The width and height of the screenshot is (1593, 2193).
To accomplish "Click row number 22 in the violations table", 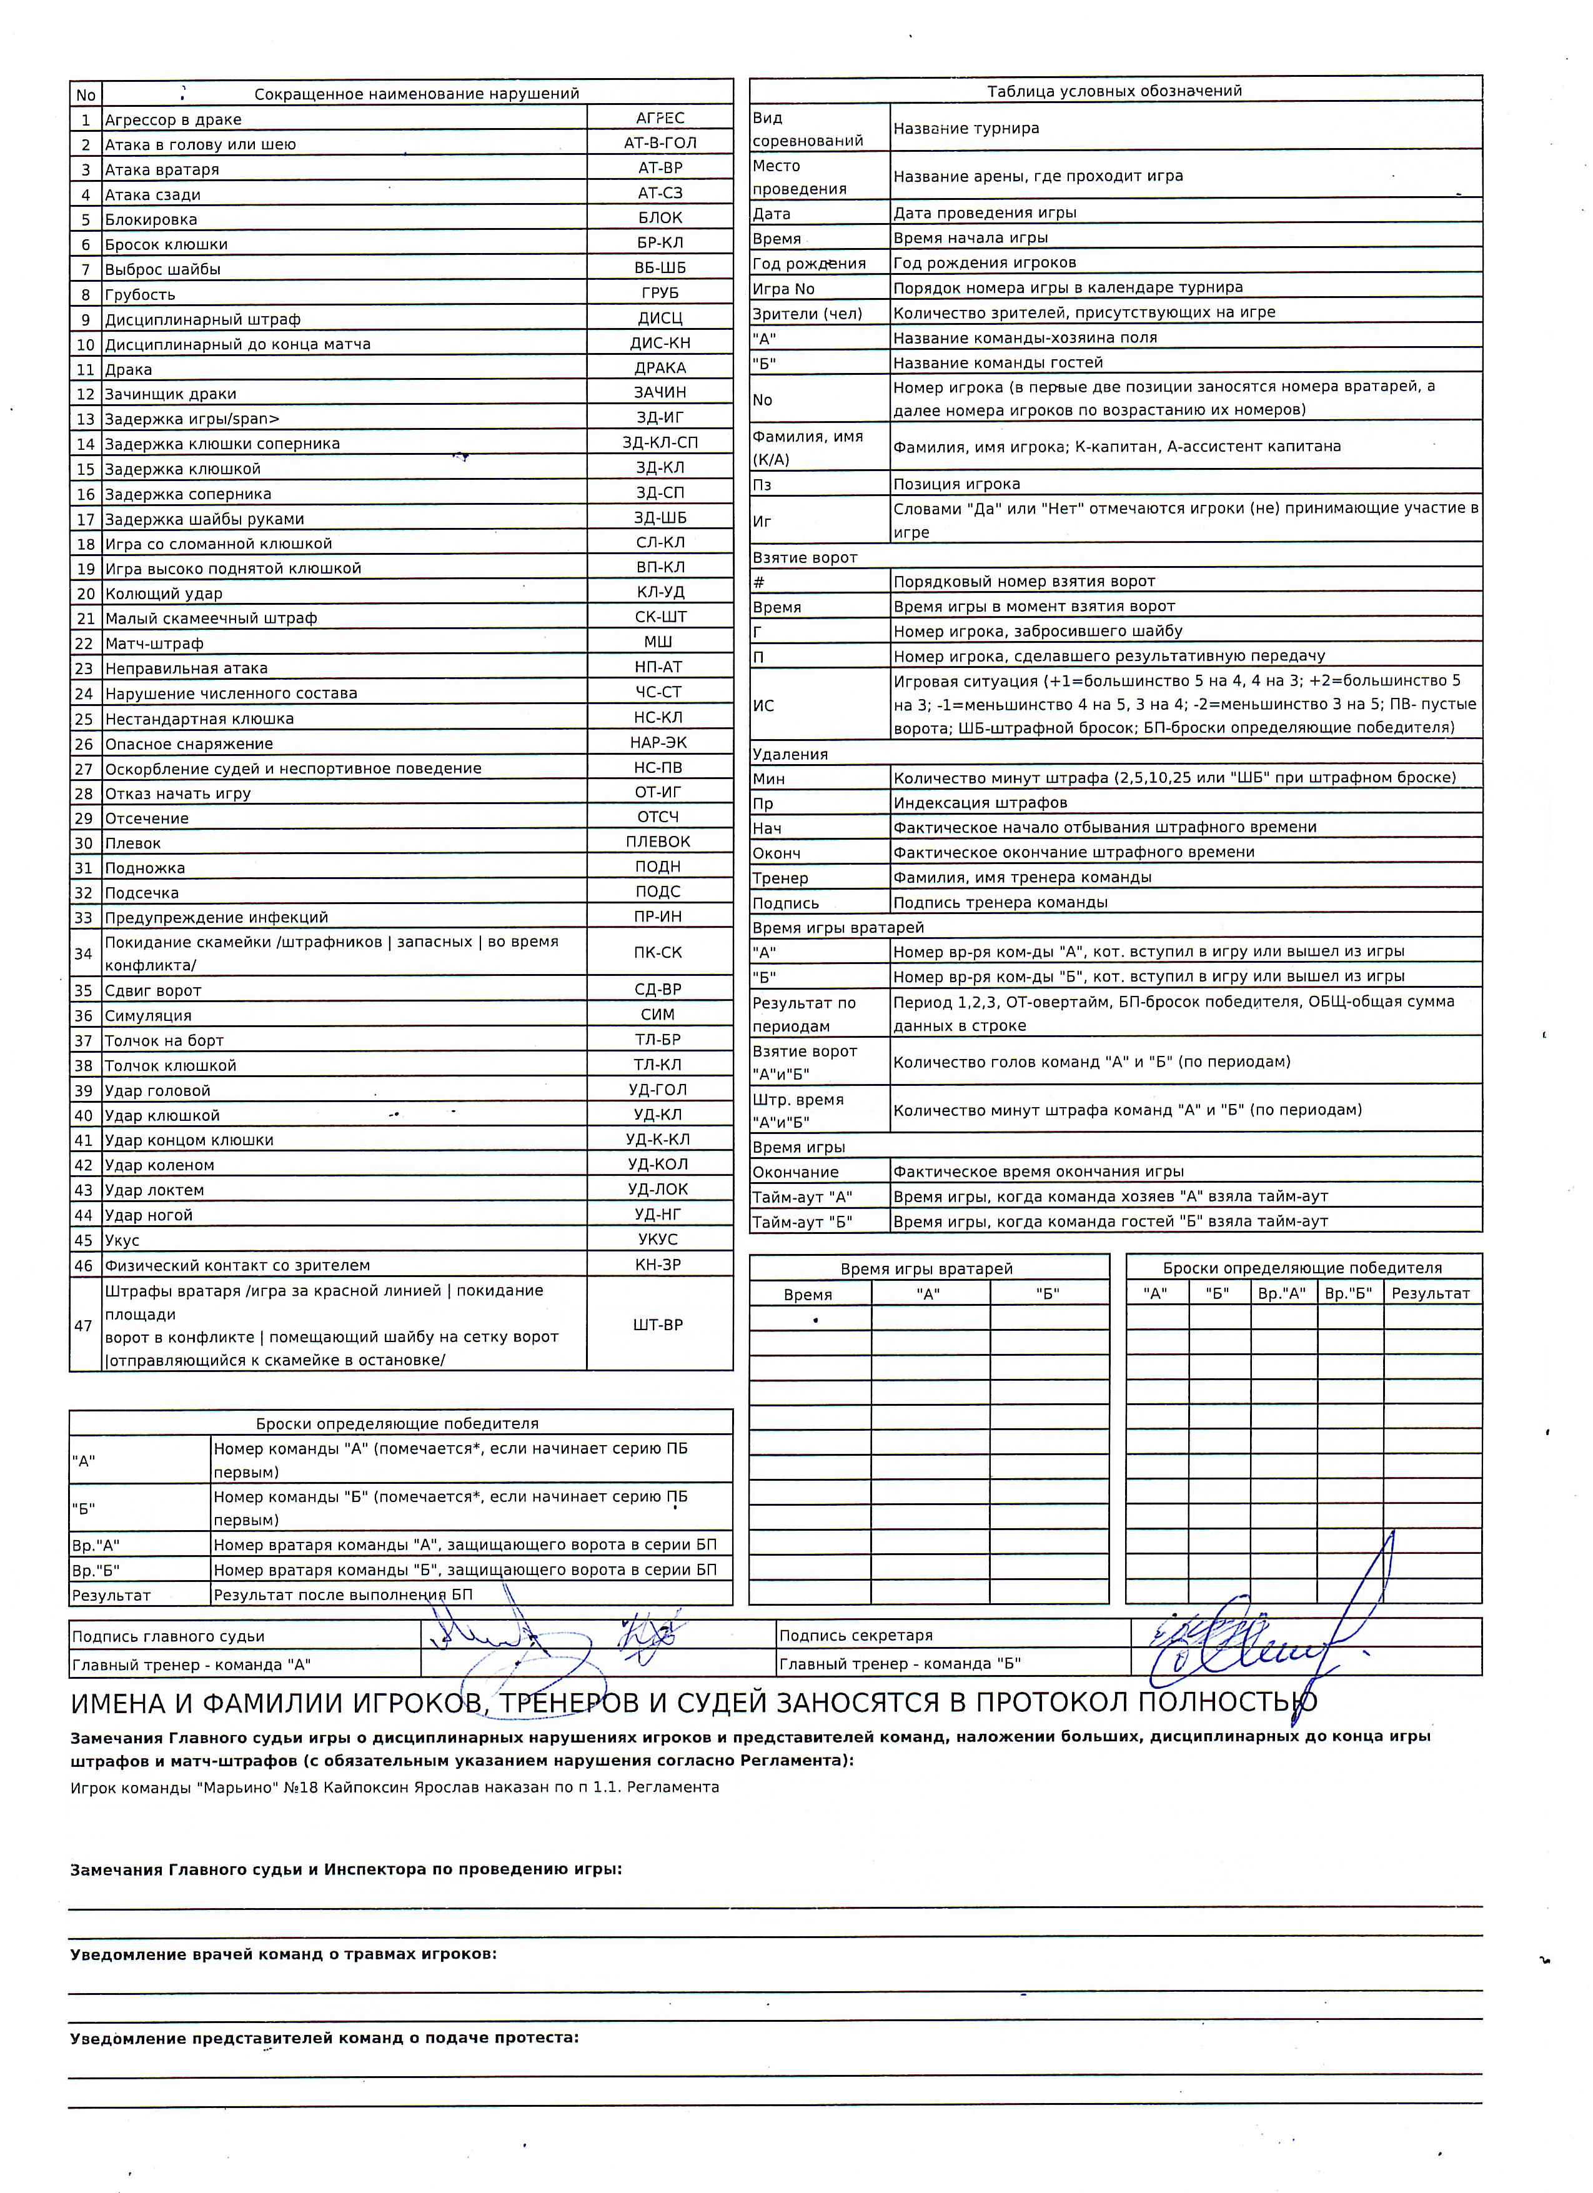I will coord(85,643).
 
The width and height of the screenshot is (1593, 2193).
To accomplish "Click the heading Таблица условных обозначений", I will coord(1114,91).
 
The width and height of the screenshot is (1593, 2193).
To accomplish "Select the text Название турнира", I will coord(966,127).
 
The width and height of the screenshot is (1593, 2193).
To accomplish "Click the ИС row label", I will coord(763,705).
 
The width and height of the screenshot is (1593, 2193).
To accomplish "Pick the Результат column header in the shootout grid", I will coord(1430,1293).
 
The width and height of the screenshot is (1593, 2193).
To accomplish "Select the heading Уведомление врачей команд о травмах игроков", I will coord(283,1954).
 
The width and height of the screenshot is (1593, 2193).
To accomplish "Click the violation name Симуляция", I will coord(148,1015).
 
